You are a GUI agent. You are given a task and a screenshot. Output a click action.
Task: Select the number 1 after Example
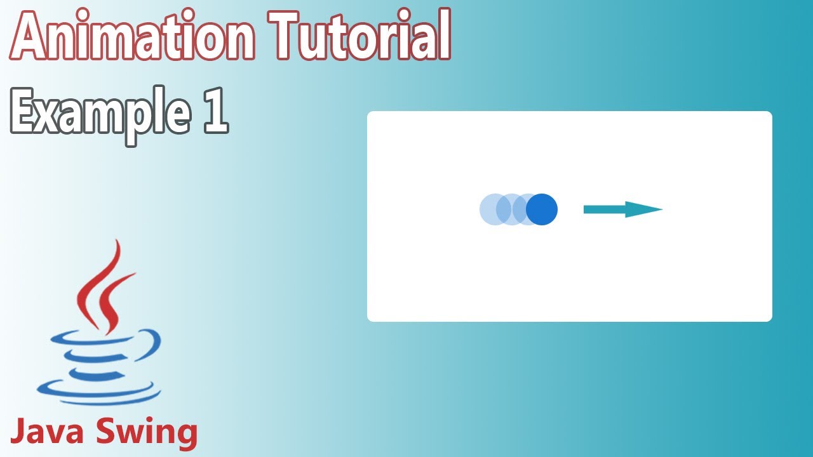point(216,113)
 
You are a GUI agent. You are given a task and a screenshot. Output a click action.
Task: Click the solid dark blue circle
point(542,209)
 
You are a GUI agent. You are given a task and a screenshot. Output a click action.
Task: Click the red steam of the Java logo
point(105,286)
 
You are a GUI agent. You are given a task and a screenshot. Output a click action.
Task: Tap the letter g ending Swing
point(185,437)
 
